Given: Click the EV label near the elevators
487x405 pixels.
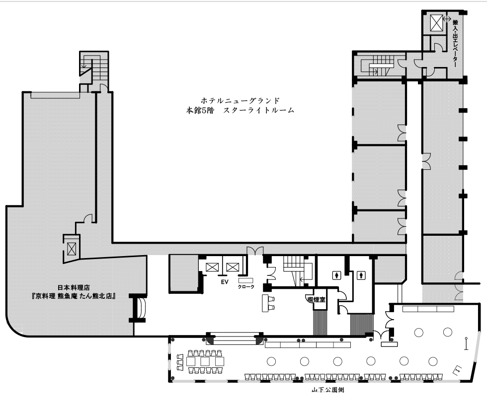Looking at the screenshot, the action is click(225, 281).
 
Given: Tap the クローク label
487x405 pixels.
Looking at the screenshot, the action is click(246, 287).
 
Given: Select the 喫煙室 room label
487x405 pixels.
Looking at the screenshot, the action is click(316, 300).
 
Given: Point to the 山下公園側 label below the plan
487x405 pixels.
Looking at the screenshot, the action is click(327, 390).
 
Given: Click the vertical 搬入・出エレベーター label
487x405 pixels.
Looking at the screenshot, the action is click(455, 43).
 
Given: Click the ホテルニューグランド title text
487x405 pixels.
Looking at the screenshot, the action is click(240, 100).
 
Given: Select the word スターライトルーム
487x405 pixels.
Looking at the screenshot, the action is click(258, 110).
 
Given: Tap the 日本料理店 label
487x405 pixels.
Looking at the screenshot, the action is click(74, 288).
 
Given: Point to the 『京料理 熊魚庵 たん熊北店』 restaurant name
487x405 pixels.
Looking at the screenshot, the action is click(74, 296).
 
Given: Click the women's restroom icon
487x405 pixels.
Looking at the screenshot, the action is click(337, 275).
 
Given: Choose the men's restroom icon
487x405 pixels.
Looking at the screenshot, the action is click(361, 275).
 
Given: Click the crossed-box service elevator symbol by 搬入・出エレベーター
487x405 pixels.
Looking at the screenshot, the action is click(436, 23).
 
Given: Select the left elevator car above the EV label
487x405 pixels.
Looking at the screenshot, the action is click(213, 267).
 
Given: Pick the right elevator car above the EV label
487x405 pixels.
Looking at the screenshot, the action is click(233, 267).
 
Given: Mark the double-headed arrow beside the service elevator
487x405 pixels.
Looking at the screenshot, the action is click(447, 19).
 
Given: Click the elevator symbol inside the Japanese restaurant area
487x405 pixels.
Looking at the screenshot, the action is click(72, 248).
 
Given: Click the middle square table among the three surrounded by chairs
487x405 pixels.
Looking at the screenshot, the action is click(205, 361).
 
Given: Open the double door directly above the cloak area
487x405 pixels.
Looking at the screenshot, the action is click(255, 251).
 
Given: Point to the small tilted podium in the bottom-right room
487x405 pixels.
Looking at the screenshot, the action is click(458, 369).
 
